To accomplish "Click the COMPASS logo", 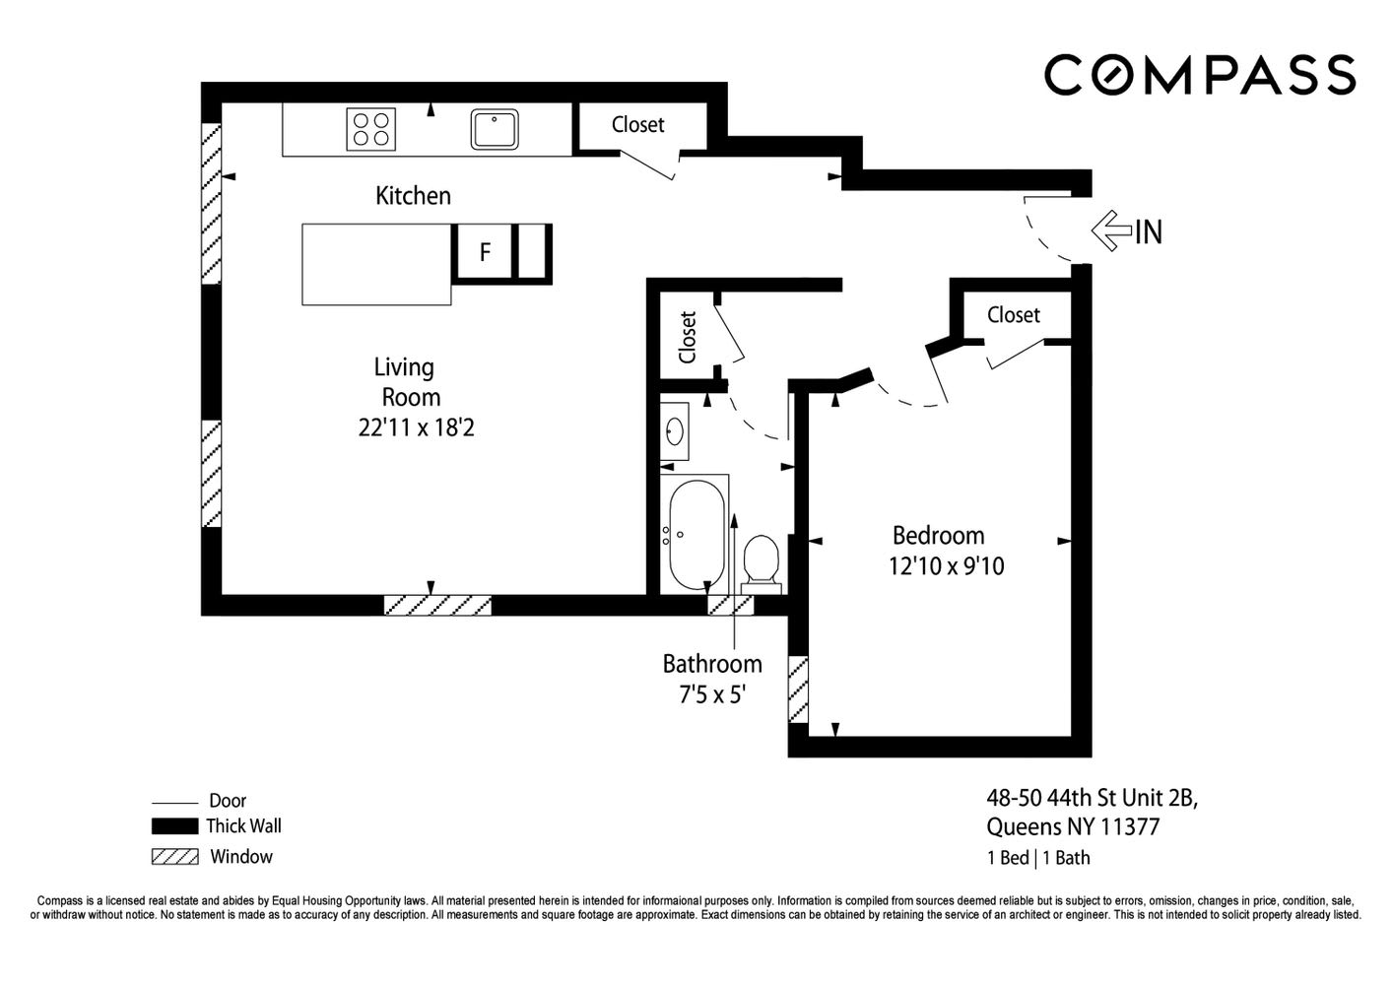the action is tap(1200, 75).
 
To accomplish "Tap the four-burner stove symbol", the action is tap(370, 129).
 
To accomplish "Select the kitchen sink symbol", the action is tap(495, 129).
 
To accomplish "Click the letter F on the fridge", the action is tap(485, 252).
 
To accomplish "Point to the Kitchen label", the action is tap(413, 196).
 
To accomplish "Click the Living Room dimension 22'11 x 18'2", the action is tap(416, 427).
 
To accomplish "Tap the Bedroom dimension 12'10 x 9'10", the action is tap(946, 565).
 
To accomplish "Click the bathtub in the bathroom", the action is tap(696, 535).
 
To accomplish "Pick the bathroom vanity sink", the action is tap(675, 431).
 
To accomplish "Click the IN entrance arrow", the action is tap(1126, 230).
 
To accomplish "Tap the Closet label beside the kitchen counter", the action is tap(638, 125).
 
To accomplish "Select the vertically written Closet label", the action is tap(688, 338).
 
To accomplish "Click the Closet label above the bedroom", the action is tap(1014, 315).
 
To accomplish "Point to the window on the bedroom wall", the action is tap(798, 689).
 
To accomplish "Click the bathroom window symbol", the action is tap(731, 605).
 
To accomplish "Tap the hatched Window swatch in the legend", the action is tap(175, 857).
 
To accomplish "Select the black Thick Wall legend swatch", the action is tap(174, 825).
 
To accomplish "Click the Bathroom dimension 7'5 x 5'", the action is tap(712, 694).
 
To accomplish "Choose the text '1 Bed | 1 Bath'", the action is tap(1038, 858).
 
